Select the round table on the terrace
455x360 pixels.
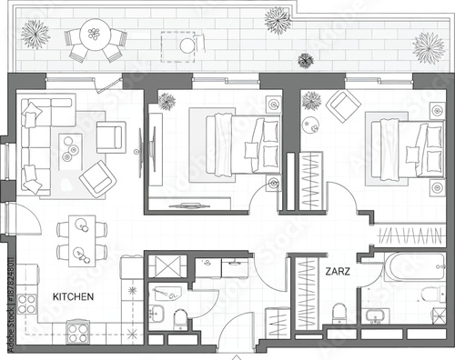click(94, 37)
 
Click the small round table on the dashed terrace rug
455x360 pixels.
click(187, 45)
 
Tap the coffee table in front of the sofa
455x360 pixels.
click(69, 148)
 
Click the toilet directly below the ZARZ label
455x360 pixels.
click(339, 312)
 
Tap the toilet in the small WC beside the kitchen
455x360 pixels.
click(180, 318)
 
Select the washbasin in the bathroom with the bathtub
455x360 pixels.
click(375, 316)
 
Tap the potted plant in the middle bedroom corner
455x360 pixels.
click(167, 101)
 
